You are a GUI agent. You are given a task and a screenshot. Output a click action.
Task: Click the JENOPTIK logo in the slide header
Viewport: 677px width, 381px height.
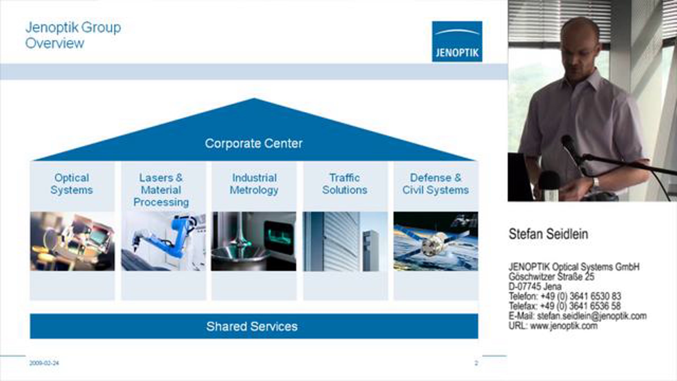point(457,41)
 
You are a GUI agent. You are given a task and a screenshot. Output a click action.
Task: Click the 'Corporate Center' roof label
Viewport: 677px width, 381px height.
point(254,143)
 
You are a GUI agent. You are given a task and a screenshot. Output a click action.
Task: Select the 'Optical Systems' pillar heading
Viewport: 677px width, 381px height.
point(72,184)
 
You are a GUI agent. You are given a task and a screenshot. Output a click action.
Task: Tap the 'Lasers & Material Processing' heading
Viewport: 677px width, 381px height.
point(161,190)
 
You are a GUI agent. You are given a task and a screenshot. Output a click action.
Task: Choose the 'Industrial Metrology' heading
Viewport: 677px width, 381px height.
point(254,184)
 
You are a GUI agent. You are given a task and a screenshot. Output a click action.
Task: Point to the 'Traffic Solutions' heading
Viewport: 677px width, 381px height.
point(345,184)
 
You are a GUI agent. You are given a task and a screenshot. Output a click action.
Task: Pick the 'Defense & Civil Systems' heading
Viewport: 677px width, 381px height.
point(436,184)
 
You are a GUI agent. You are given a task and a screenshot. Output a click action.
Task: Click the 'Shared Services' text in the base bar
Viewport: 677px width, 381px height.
point(252,327)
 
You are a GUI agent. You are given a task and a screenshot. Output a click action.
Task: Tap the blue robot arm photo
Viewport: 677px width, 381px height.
point(164,241)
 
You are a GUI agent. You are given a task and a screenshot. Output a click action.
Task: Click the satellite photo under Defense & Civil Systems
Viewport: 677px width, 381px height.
point(436,241)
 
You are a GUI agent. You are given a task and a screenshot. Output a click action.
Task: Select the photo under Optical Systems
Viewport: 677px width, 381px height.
point(72,241)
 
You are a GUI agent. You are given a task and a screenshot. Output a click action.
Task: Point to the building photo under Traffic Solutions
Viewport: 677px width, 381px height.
point(345,241)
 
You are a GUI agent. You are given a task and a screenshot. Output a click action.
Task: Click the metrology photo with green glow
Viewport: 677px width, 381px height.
point(254,241)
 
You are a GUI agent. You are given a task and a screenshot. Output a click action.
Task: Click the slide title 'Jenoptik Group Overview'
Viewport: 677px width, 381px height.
point(73,35)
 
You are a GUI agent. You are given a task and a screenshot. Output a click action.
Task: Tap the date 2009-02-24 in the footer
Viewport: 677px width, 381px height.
point(44,363)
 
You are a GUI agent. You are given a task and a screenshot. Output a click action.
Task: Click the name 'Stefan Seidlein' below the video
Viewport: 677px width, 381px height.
point(548,234)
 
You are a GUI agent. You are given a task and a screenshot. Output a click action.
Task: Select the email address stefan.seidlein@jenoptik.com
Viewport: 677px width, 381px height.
point(592,316)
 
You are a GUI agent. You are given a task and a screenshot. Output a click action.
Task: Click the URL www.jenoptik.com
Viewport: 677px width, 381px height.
point(564,326)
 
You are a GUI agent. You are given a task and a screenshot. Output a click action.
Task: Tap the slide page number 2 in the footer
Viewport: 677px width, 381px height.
point(476,363)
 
